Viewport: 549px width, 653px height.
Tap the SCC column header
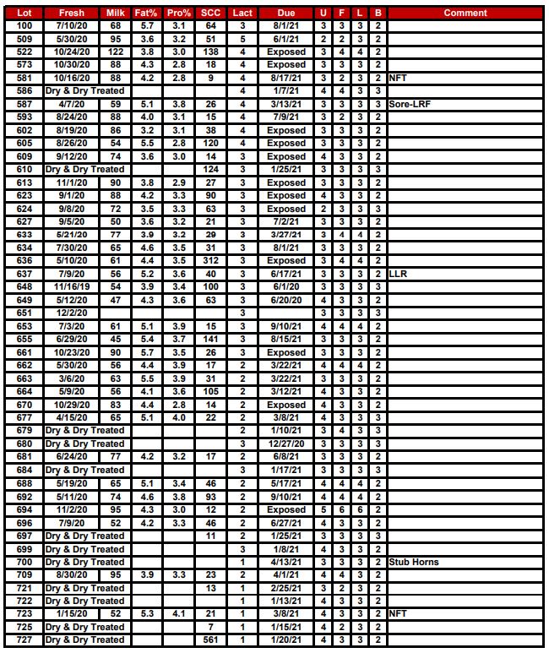[210, 13]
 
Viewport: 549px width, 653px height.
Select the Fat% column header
[147, 13]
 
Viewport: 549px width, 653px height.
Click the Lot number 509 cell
[24, 39]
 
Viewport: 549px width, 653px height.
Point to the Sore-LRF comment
[408, 104]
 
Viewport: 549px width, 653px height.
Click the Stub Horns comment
[413, 562]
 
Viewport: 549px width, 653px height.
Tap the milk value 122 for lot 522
[115, 52]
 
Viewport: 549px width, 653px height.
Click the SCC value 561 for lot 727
[210, 639]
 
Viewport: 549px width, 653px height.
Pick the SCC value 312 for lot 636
[210, 261]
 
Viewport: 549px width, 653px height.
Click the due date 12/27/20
[286, 443]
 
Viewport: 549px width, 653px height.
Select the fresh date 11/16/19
[72, 287]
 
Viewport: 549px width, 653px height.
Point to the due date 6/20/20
[286, 300]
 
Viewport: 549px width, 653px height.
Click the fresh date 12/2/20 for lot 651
[72, 313]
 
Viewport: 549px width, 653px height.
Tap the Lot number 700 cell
[24, 562]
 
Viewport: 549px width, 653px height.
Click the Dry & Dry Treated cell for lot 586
[84, 90]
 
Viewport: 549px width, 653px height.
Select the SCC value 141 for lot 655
[210, 339]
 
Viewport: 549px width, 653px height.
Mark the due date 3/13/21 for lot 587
[286, 104]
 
